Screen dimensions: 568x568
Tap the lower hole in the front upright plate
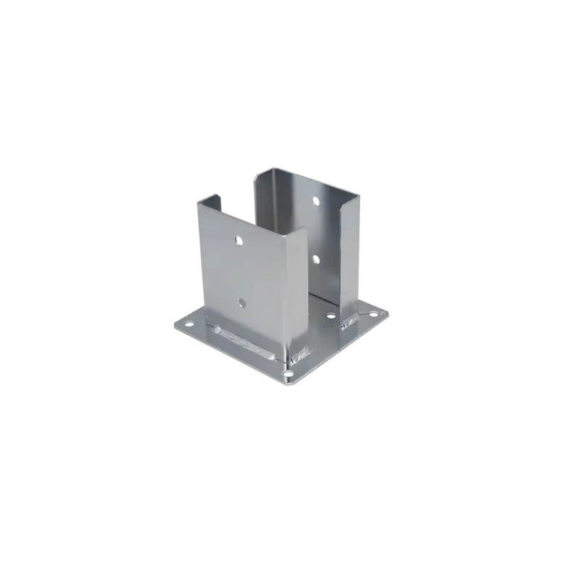click(x=241, y=302)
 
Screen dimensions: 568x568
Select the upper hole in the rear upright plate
click(x=316, y=201)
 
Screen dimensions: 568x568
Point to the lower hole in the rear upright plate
click(x=317, y=259)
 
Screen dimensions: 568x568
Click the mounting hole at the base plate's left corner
click(x=189, y=325)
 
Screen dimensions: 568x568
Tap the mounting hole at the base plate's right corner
click(x=373, y=315)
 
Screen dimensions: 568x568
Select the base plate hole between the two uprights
click(x=331, y=315)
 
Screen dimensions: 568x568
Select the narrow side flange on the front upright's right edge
click(x=297, y=291)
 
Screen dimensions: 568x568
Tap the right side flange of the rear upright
click(x=349, y=256)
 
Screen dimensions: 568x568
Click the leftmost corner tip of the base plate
click(x=175, y=326)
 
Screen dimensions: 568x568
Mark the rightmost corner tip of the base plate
click(x=388, y=311)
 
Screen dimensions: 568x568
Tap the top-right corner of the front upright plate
click(x=305, y=229)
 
